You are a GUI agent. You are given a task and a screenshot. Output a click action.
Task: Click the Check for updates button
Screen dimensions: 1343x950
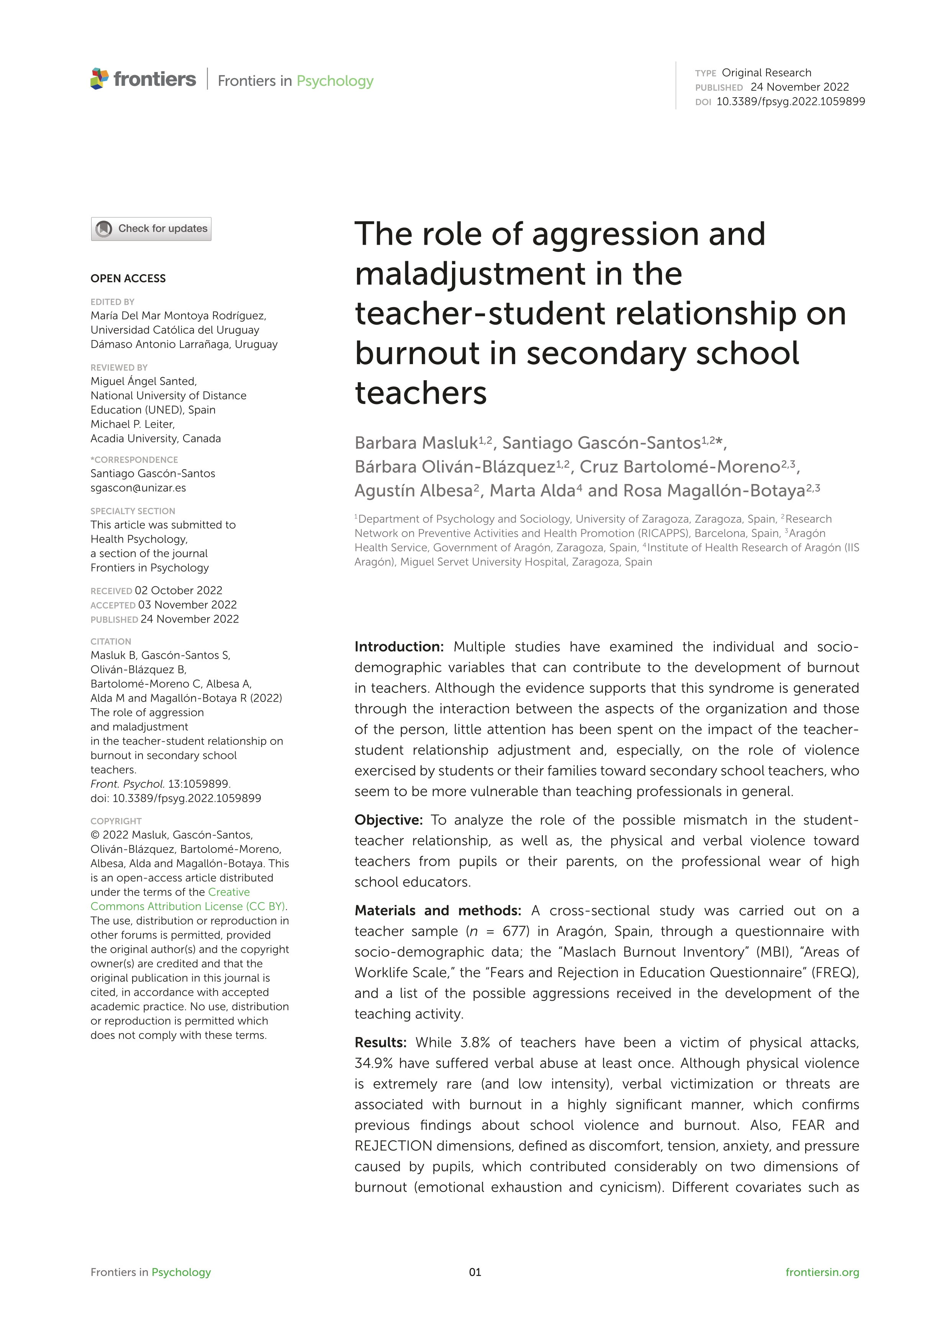pos(151,229)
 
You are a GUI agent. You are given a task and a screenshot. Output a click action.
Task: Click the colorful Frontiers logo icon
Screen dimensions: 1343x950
pos(100,79)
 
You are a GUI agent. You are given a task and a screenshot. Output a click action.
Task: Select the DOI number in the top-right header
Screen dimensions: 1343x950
pos(790,101)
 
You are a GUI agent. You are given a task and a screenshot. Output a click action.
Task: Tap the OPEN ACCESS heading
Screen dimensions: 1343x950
pos(128,278)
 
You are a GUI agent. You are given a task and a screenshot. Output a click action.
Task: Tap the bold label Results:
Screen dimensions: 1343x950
pos(380,1042)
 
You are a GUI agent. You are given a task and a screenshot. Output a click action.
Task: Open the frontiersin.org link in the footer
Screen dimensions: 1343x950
pos(822,1272)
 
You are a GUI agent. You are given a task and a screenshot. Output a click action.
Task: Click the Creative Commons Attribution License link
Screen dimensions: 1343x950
pos(187,899)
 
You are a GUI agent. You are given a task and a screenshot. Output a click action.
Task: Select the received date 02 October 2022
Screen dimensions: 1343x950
pos(179,590)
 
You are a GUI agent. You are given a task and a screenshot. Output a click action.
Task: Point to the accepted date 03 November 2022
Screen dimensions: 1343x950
pos(187,605)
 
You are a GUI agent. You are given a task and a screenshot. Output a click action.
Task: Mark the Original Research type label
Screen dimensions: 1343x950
pos(766,72)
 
